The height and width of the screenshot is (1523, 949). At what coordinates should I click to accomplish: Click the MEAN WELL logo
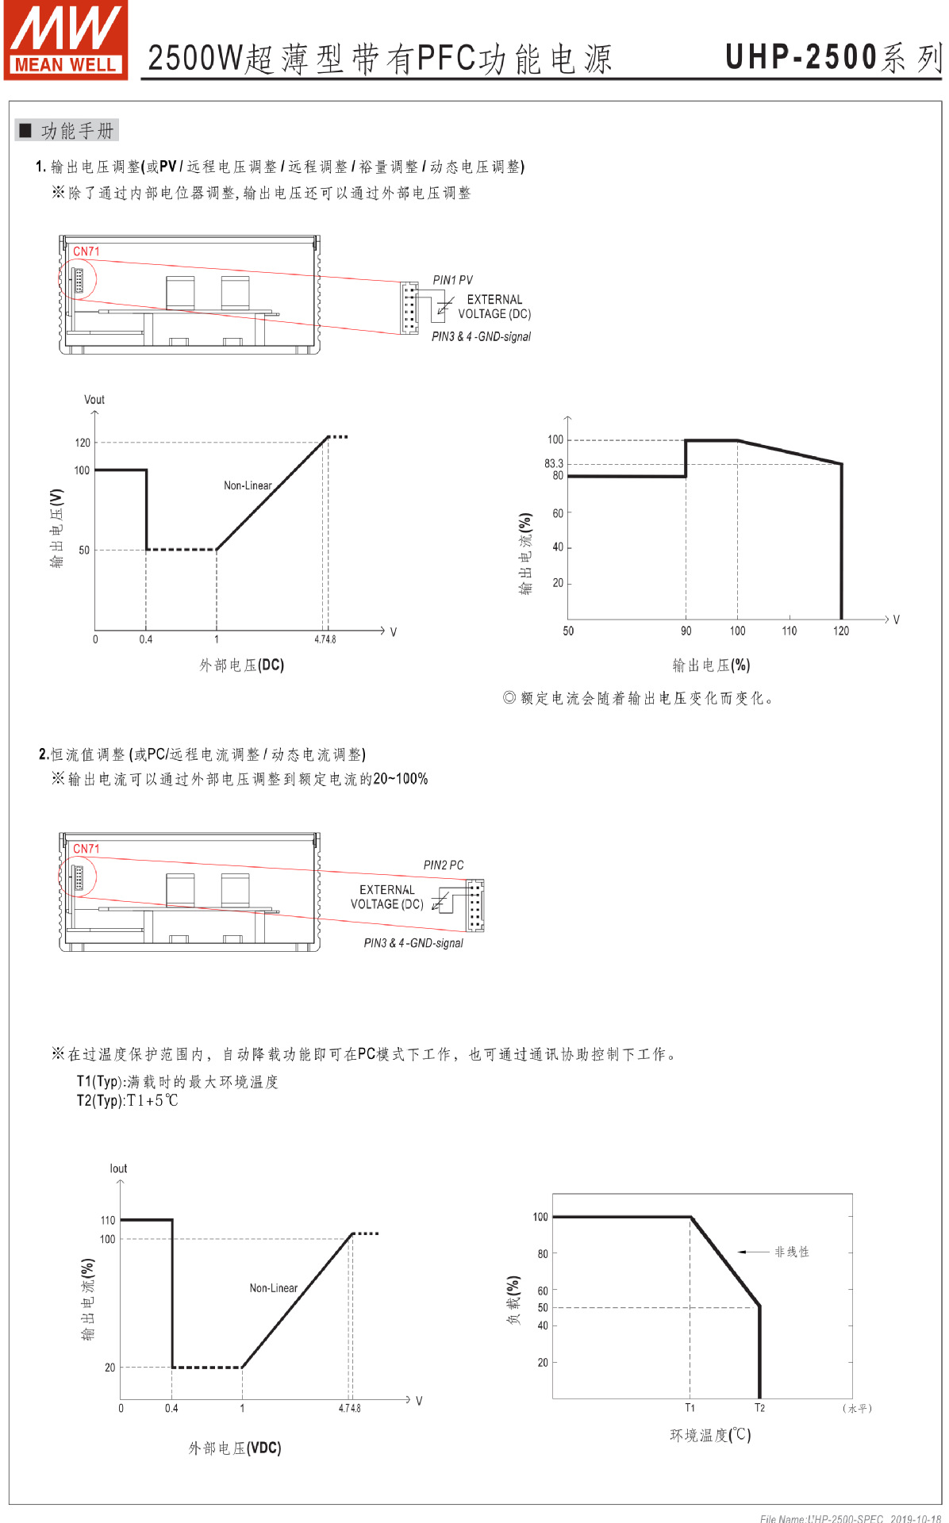(66, 40)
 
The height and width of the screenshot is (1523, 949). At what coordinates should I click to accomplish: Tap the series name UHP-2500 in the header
(801, 57)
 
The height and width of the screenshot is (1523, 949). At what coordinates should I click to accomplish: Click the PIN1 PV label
(452, 280)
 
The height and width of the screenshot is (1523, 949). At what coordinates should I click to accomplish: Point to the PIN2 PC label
(444, 865)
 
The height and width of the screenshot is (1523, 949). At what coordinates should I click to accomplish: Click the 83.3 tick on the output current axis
(553, 463)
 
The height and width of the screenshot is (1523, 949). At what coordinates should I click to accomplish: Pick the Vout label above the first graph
(94, 400)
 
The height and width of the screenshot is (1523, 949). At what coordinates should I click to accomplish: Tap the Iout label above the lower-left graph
(118, 1168)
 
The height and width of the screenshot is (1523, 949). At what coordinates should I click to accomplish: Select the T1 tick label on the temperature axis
(690, 1408)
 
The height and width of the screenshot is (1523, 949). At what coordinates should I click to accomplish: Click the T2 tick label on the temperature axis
(759, 1408)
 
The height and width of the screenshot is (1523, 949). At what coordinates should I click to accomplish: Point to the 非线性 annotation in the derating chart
(792, 1252)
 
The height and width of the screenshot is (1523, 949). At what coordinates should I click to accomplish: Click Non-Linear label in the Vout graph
(248, 485)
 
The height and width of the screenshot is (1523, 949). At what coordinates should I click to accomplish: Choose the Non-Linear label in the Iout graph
(274, 1288)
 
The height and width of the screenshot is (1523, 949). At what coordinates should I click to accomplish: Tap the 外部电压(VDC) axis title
(235, 1448)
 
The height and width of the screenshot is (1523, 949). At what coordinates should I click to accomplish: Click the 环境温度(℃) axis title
(710, 1435)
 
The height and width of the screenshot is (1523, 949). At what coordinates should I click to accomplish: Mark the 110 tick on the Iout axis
(108, 1220)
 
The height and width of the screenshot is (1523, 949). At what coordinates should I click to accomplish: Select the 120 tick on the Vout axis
(83, 443)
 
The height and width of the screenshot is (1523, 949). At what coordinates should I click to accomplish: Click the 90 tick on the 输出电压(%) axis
(686, 631)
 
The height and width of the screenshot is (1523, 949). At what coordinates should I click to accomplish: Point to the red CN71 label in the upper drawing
(86, 251)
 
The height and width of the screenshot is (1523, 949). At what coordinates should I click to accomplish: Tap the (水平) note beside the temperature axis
(857, 1409)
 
